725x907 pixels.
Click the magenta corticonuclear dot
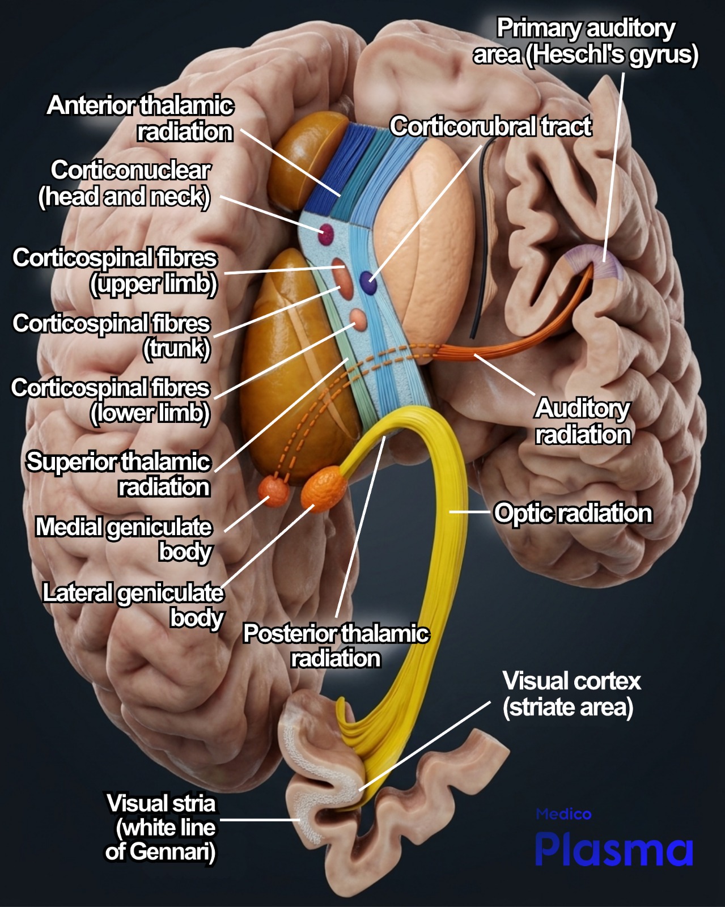(x=327, y=234)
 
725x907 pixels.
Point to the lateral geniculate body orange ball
(x=324, y=489)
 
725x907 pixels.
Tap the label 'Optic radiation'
(x=573, y=513)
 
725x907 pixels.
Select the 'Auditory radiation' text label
(x=583, y=421)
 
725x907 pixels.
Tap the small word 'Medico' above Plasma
(x=563, y=814)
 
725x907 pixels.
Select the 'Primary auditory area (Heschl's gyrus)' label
(x=586, y=41)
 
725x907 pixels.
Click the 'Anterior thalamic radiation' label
(x=140, y=118)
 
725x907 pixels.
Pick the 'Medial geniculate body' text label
(x=124, y=539)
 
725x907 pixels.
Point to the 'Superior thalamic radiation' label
(x=118, y=474)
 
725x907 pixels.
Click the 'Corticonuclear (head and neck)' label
(x=124, y=183)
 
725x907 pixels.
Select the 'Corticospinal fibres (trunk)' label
(x=111, y=336)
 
